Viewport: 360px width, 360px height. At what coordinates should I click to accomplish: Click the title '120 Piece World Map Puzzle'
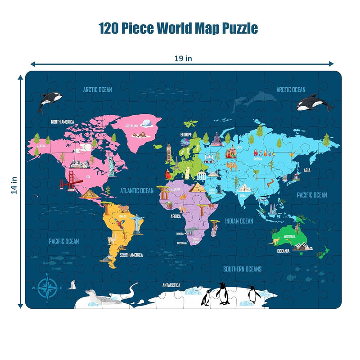pyautogui.click(x=179, y=28)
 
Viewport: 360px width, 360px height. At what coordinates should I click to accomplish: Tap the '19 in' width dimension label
pyautogui.click(x=181, y=58)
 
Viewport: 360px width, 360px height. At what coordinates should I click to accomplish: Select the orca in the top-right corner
pyautogui.click(x=314, y=103)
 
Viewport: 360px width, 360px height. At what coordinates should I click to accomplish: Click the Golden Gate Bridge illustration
pyautogui.click(x=71, y=184)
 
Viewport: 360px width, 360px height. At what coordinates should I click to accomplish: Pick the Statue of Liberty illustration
pyautogui.click(x=111, y=165)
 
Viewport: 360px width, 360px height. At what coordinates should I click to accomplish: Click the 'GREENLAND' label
pyautogui.click(x=132, y=126)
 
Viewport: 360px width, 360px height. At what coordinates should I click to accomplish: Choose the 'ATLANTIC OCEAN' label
pyautogui.click(x=137, y=191)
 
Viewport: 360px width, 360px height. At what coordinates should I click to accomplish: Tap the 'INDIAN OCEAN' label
pyautogui.click(x=239, y=221)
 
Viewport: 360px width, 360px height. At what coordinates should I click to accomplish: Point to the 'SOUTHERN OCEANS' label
pyautogui.click(x=242, y=269)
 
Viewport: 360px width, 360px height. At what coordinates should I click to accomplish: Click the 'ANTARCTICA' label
pyautogui.click(x=171, y=285)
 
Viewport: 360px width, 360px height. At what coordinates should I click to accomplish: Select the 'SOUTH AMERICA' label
pyautogui.click(x=131, y=255)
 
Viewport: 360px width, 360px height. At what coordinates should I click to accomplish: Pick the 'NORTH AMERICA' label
pyautogui.click(x=62, y=121)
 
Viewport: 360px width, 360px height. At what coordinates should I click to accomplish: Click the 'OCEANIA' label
pyautogui.click(x=283, y=251)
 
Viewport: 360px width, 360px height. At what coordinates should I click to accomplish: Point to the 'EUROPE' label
pyautogui.click(x=186, y=135)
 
